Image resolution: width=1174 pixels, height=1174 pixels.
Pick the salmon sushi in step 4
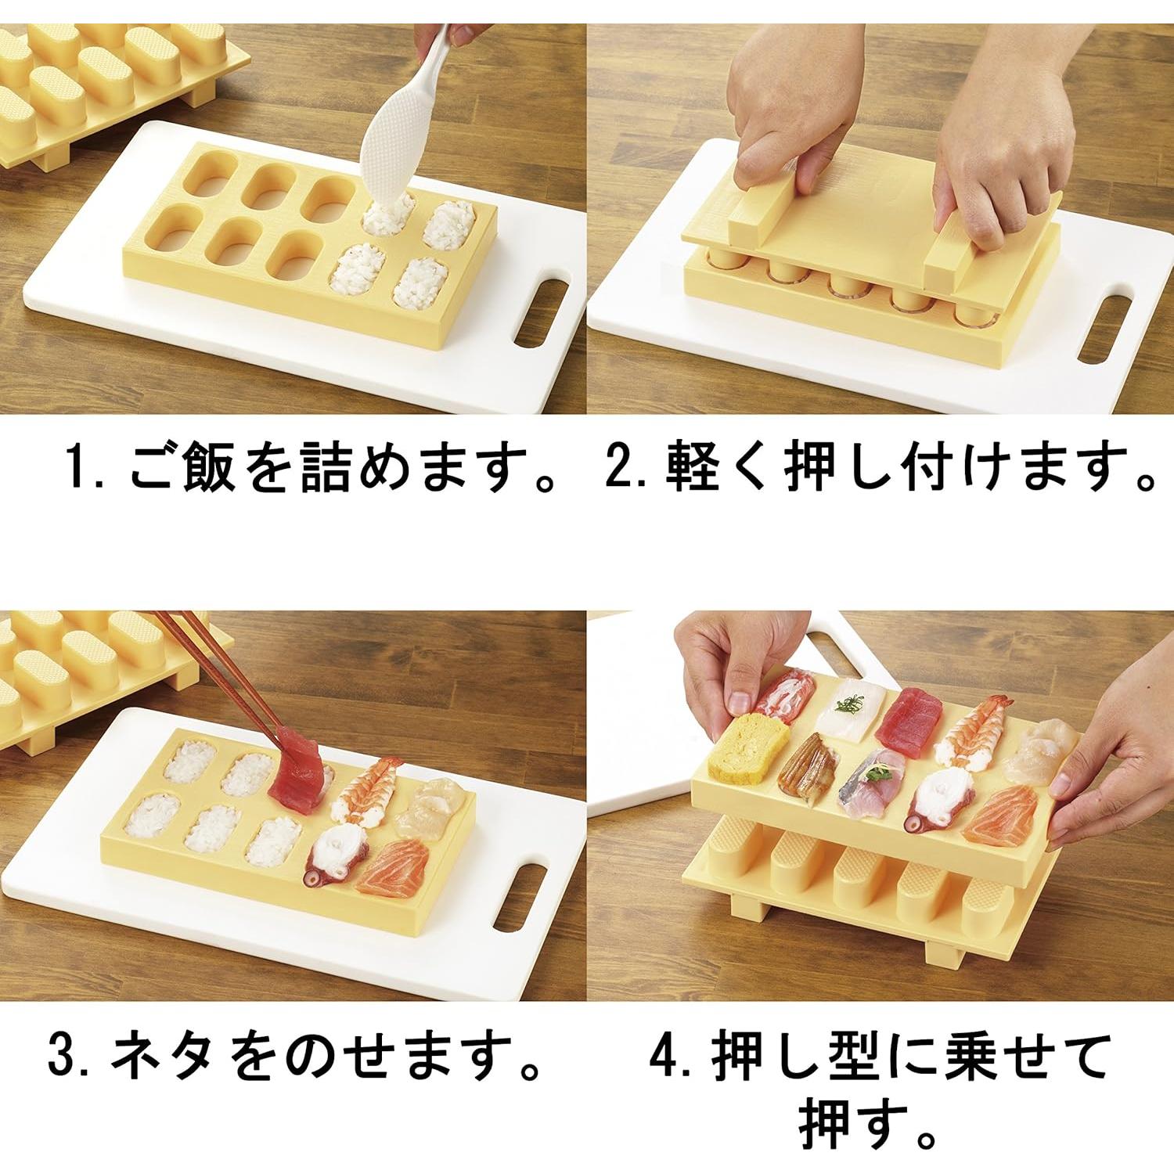tap(1005, 817)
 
